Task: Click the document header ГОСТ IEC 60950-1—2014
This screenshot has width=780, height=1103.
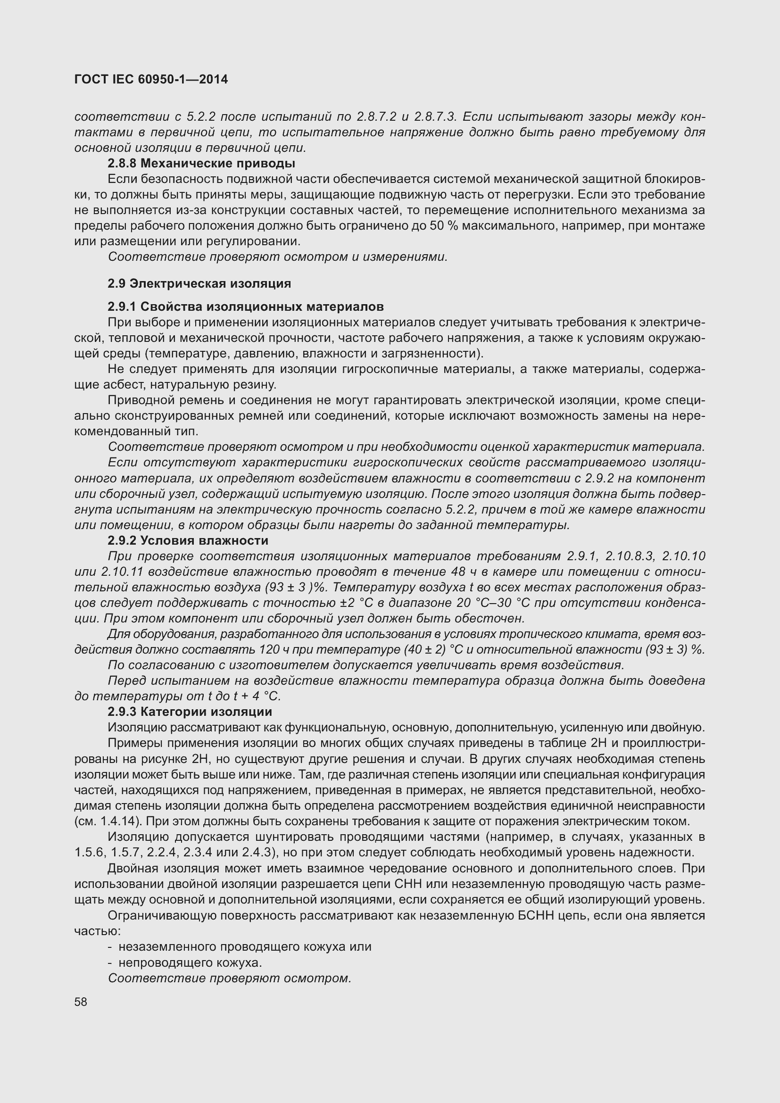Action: pos(151,79)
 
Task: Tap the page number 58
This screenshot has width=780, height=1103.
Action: pos(81,1002)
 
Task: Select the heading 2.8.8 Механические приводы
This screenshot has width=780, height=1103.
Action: pos(201,163)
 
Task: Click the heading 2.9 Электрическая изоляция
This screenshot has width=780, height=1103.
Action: pos(199,283)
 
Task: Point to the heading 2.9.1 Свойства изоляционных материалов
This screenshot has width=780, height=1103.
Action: pos(245,307)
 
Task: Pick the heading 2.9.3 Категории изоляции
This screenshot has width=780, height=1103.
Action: pos(190,712)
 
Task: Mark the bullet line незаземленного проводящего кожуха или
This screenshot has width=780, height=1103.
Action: pos(244,947)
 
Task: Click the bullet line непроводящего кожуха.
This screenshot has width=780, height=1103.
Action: pos(190,963)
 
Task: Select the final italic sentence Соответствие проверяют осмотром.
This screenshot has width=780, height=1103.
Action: pos(230,978)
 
